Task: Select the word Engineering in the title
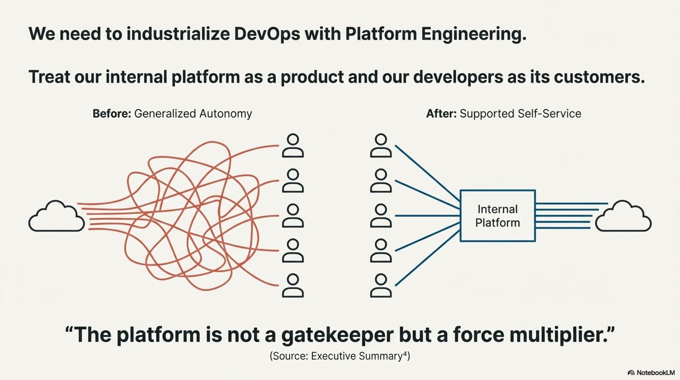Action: [474, 34]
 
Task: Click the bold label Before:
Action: [112, 114]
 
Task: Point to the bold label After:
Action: [441, 114]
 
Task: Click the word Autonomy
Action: [225, 114]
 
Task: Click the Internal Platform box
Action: [498, 216]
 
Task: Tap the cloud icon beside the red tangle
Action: [57, 217]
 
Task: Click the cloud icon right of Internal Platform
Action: [623, 217]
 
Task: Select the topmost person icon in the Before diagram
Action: [293, 146]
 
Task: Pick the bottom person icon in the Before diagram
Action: [293, 285]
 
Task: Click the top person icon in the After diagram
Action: [381, 146]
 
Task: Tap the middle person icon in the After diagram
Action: [381, 216]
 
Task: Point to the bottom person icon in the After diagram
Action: [381, 285]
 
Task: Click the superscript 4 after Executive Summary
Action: [405, 353]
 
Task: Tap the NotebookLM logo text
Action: [655, 373]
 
